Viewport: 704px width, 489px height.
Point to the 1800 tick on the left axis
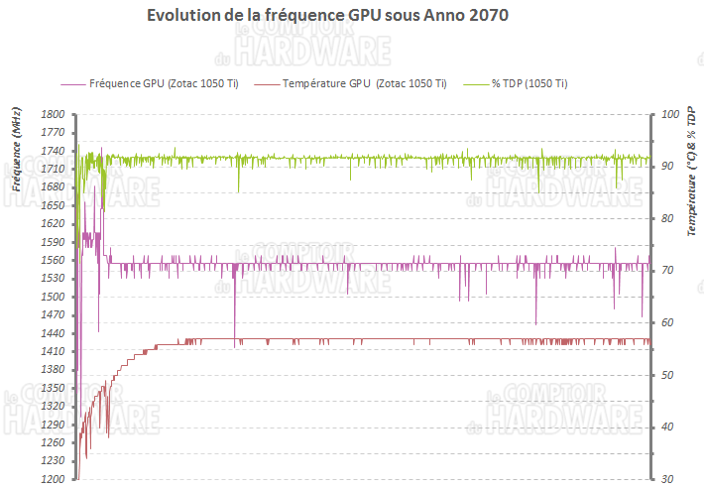click(x=53, y=115)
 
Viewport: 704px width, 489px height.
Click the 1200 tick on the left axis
click(x=53, y=479)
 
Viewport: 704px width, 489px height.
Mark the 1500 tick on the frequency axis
click(x=53, y=297)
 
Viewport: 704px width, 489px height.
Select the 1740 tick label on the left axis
click(x=53, y=152)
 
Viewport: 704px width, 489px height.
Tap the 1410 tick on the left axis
click(x=53, y=351)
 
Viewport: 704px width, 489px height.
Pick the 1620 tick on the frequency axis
click(x=53, y=224)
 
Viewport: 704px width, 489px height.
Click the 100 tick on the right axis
click(x=669, y=115)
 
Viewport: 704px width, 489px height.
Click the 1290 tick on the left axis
click(x=53, y=425)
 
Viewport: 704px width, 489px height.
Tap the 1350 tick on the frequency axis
click(x=53, y=388)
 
